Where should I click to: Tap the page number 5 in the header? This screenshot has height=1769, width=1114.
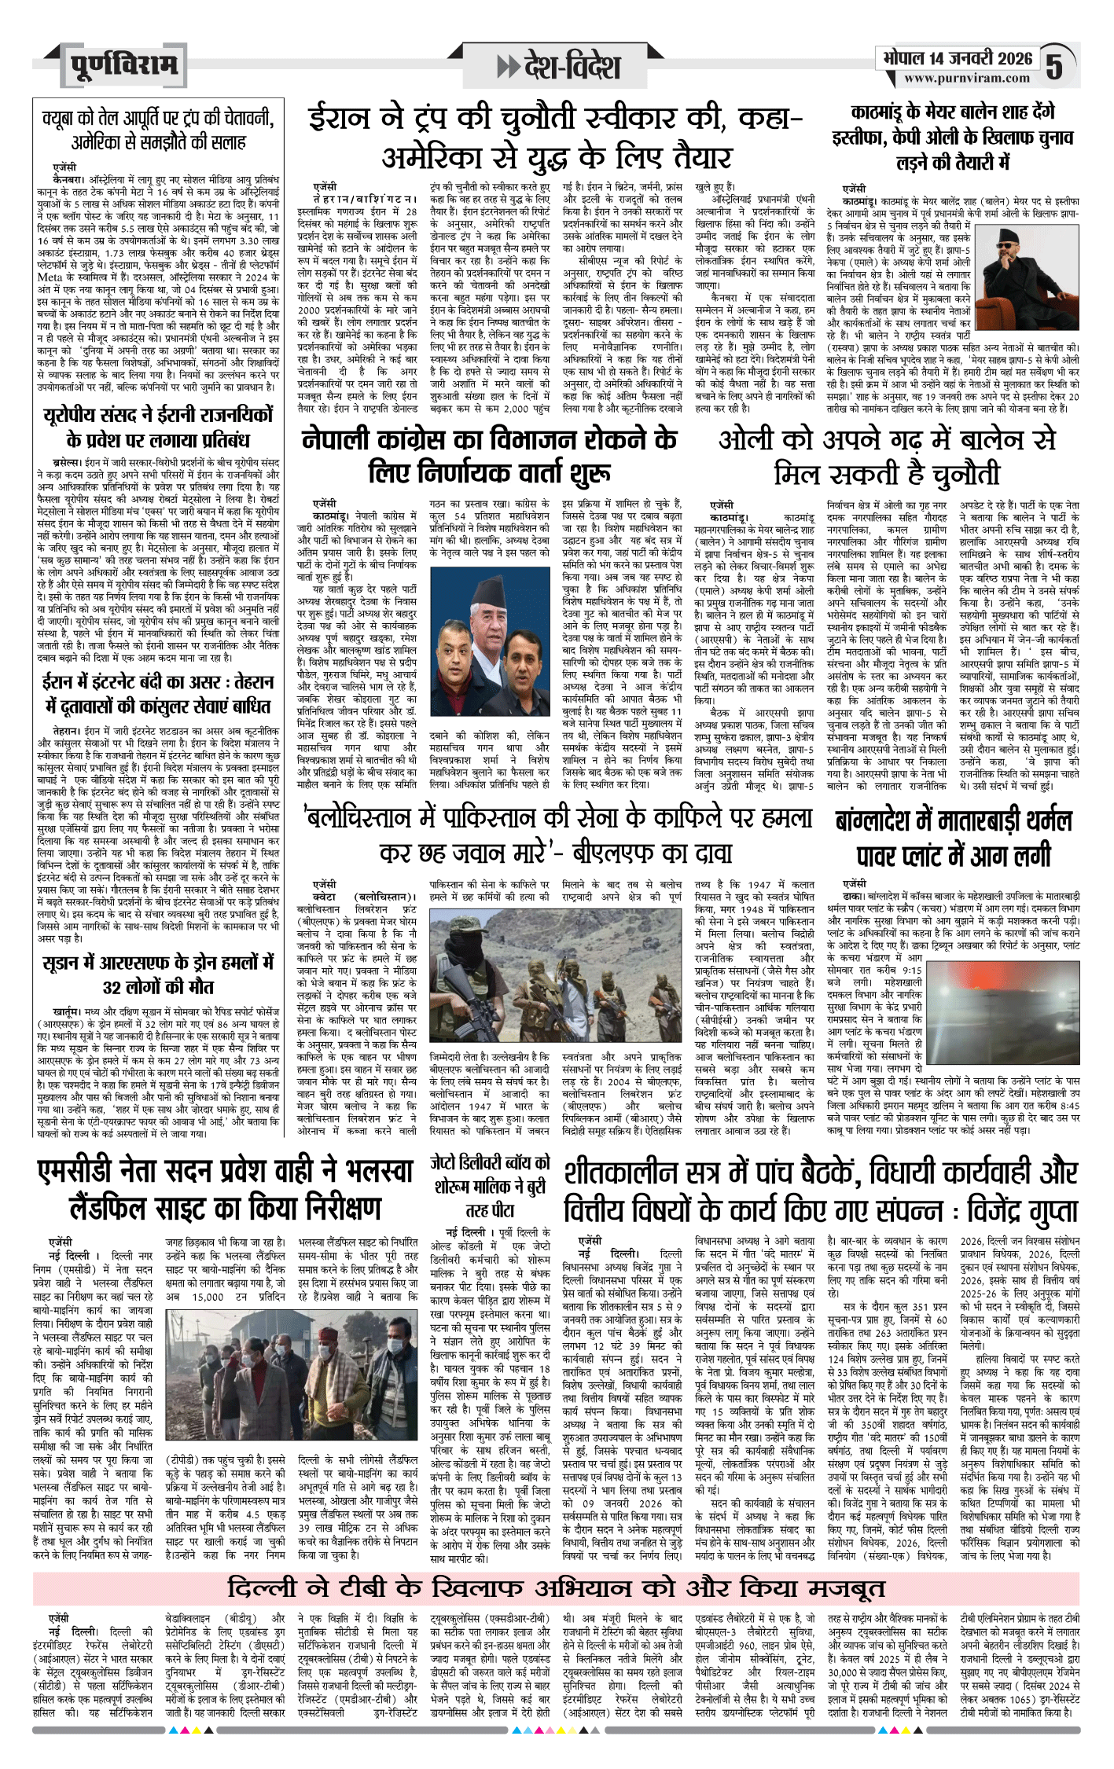tap(1055, 67)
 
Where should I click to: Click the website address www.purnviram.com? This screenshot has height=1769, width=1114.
tap(966, 79)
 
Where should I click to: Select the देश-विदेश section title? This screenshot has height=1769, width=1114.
tap(559, 67)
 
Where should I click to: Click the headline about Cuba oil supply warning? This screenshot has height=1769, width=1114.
tap(158, 130)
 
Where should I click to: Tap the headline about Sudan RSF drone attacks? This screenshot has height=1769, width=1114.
tap(158, 974)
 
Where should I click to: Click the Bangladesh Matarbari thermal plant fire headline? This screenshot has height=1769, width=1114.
tap(954, 838)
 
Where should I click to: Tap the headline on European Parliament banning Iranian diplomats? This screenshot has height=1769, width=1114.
tap(158, 427)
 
